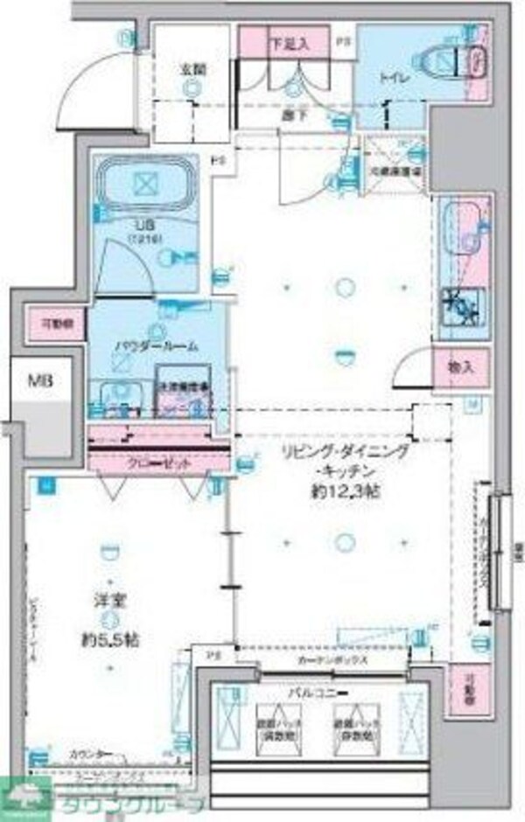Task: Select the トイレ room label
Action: click(389, 76)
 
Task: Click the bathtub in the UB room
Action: click(145, 185)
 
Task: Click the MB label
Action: click(38, 380)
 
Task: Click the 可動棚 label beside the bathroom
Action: click(53, 322)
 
